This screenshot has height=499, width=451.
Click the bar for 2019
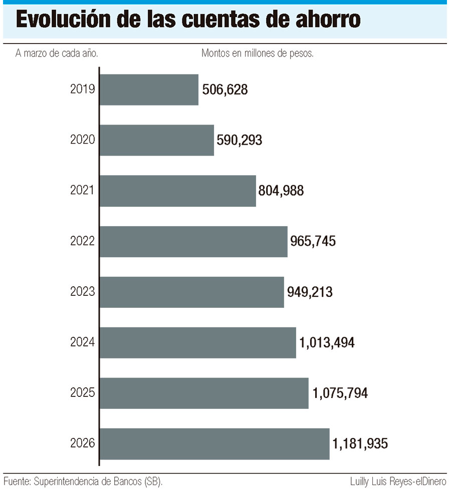click(x=149, y=90)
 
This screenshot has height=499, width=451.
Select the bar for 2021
click(x=178, y=191)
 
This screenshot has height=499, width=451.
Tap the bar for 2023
click(x=192, y=292)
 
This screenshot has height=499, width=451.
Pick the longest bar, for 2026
click(x=214, y=443)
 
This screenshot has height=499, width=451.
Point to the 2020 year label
click(x=83, y=140)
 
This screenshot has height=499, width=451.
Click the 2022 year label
click(x=83, y=241)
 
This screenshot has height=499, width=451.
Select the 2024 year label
click(x=83, y=342)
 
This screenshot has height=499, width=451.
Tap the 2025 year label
click(x=83, y=393)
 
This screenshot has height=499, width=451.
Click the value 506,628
click(x=225, y=90)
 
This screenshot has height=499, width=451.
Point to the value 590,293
click(x=240, y=140)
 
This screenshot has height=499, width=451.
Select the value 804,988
click(x=281, y=191)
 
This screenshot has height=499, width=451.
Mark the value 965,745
click(x=313, y=241)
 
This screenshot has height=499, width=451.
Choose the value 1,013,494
click(x=327, y=342)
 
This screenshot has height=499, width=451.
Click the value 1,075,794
click(x=340, y=393)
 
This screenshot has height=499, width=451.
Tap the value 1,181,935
click(x=360, y=443)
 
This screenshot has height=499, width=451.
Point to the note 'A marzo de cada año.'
click(x=57, y=54)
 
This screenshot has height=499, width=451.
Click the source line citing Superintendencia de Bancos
click(x=83, y=482)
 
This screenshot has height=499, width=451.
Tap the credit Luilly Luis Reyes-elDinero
click(x=398, y=482)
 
